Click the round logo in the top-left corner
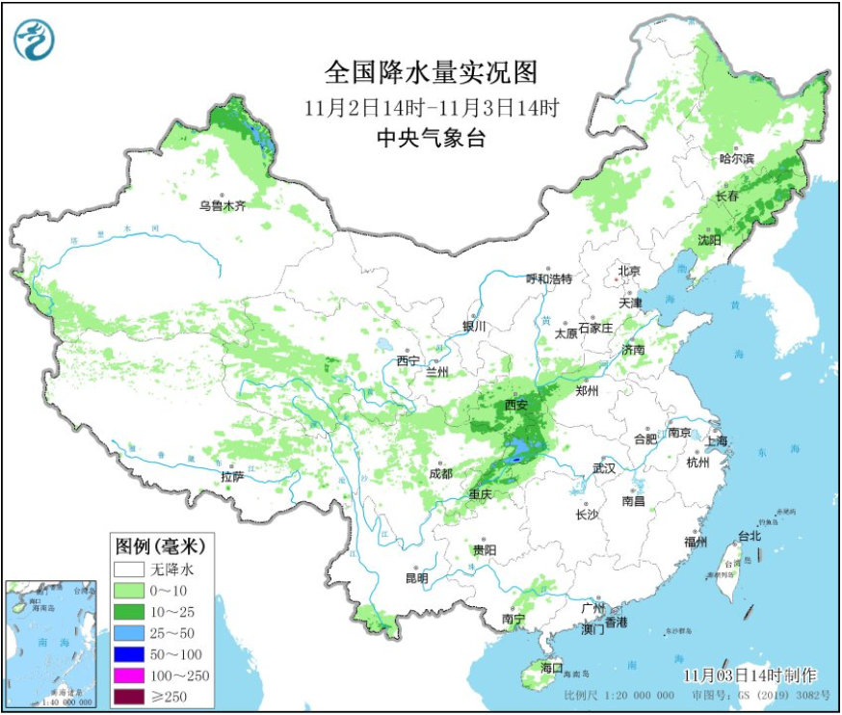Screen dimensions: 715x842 pos(35,40)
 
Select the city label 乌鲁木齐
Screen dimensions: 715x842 pos(224,205)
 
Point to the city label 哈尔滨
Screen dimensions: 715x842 pos(738,158)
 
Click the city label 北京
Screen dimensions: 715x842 pos(629,271)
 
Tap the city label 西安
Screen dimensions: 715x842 pos(516,406)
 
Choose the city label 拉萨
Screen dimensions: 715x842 pos(231,476)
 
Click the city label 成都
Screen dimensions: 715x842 pos(440,473)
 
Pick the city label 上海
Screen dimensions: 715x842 pos(716,440)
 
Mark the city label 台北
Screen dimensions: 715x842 pos(750,536)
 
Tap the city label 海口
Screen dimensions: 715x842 pos(551,667)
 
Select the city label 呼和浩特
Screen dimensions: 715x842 pos(548,279)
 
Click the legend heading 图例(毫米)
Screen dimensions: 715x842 pos(161,545)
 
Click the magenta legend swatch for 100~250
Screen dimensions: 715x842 pos(130,675)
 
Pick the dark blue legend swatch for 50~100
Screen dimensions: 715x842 pos(130,654)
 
